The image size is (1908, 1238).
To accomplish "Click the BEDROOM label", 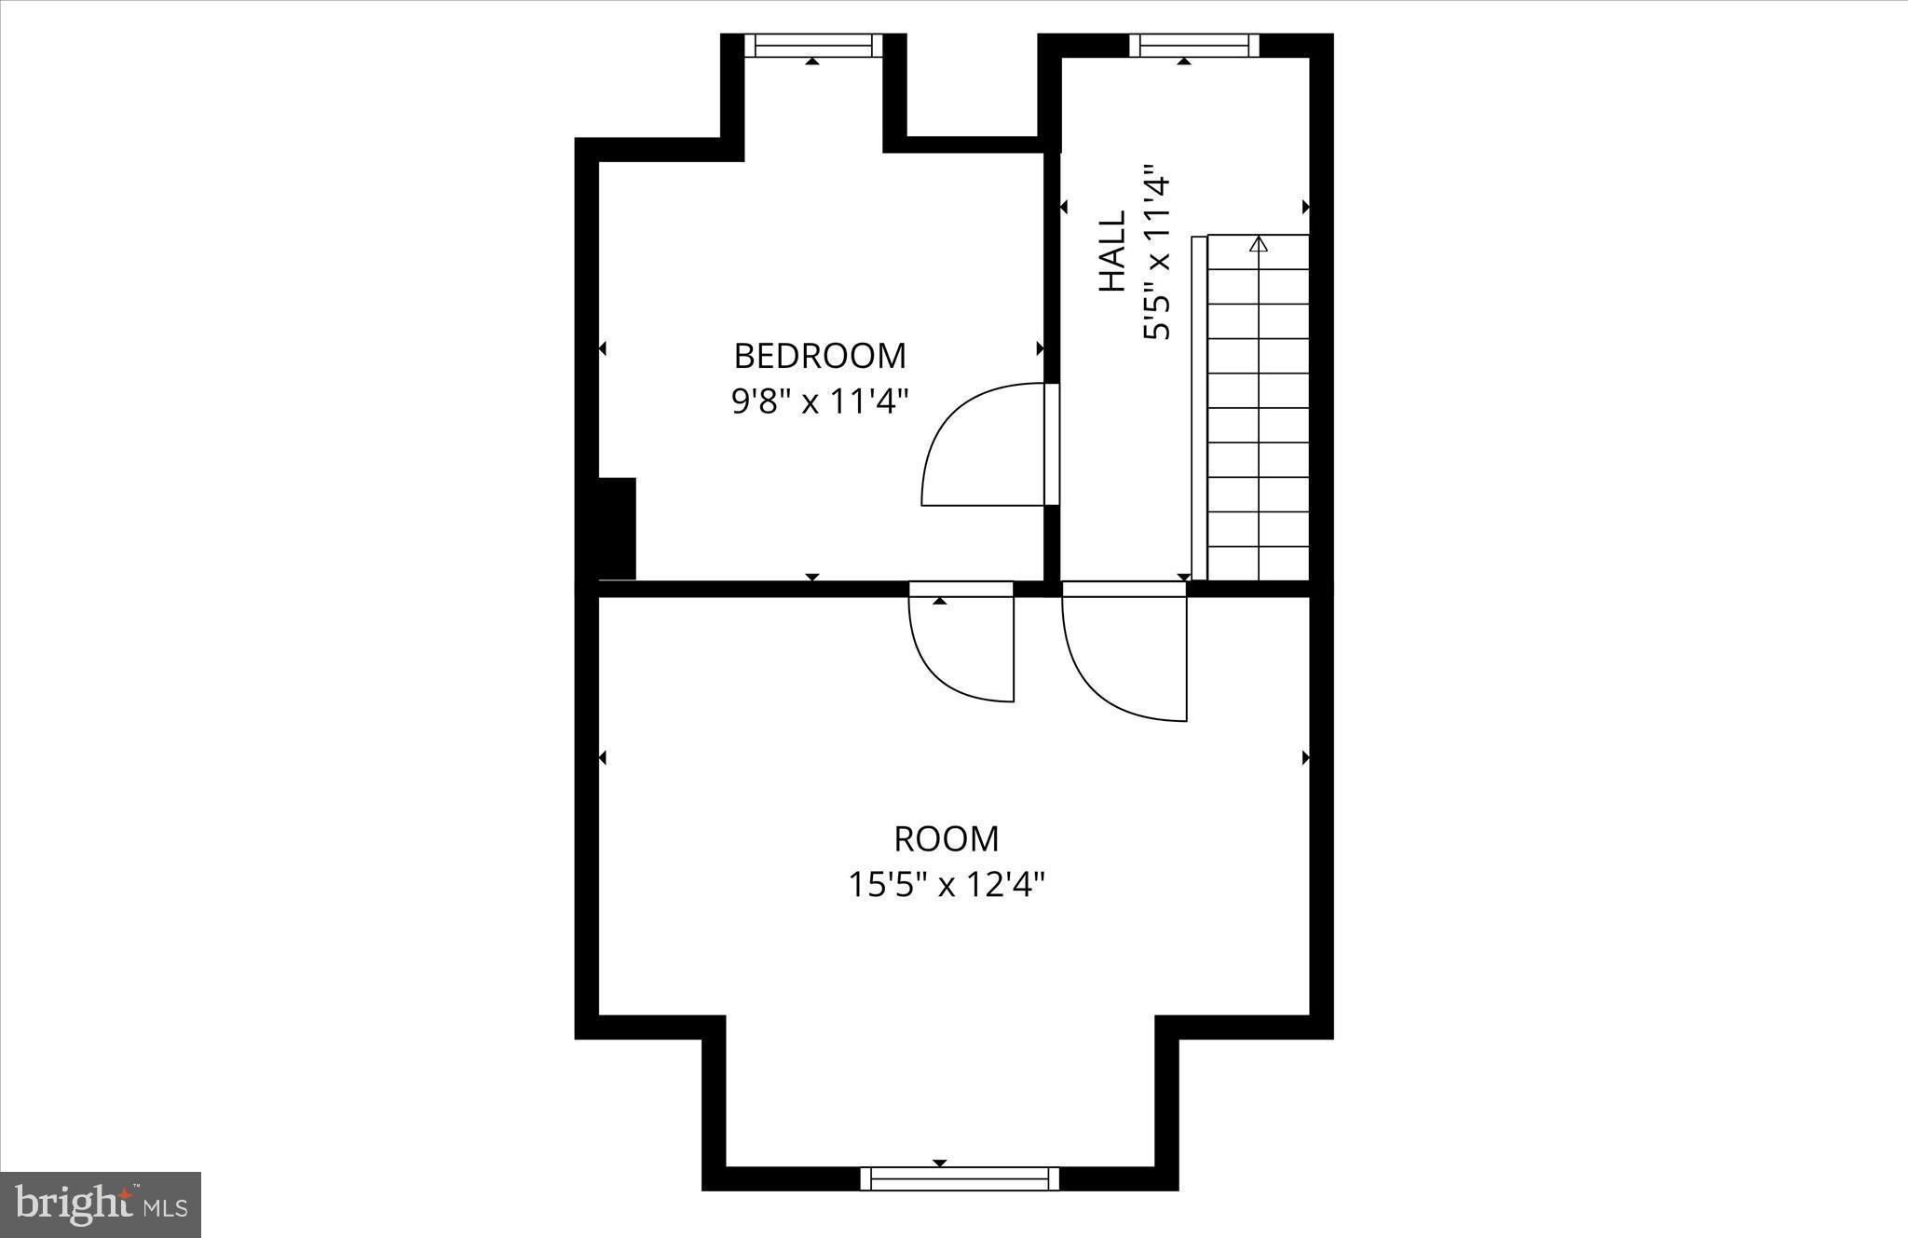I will point(819,356).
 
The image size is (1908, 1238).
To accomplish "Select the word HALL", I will point(1112,251).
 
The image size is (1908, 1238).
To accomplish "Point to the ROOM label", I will point(947,839).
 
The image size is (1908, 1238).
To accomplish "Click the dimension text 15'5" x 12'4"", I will point(947,884).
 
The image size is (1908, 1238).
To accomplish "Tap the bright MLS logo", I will point(101,1204).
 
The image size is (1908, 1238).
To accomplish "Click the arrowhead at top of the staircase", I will point(1259,244).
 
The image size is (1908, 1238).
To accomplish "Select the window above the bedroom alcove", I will point(813,45).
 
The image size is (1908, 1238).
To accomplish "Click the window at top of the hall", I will point(1193,45).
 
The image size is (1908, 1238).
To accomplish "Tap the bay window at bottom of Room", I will point(960,1178).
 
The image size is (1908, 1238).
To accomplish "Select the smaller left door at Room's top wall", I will point(960,647).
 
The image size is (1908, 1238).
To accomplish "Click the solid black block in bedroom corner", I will point(616,528).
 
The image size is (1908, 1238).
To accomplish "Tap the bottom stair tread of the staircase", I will point(1259,564).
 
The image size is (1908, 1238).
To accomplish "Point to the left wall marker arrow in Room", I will point(602,757).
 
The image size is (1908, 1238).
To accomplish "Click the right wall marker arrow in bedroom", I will point(1040,348).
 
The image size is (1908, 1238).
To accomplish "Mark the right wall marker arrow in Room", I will point(1305,757).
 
